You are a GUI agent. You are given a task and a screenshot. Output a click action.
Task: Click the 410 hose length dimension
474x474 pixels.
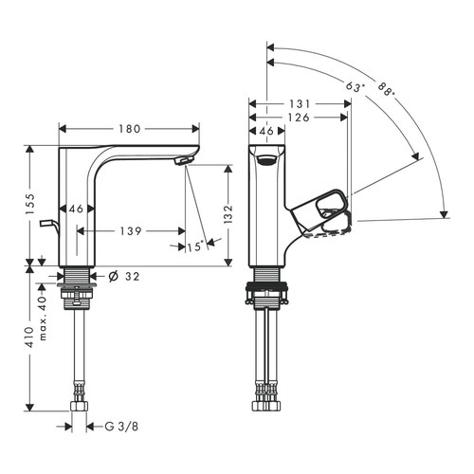pyautogui.click(x=29, y=338)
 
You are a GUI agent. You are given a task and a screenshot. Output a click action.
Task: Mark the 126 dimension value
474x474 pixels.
pyautogui.click(x=298, y=118)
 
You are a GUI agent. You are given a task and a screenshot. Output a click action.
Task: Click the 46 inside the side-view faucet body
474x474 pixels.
pyautogui.click(x=77, y=209)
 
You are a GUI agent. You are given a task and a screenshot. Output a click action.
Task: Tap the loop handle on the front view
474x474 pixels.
pyautogui.click(x=325, y=203)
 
